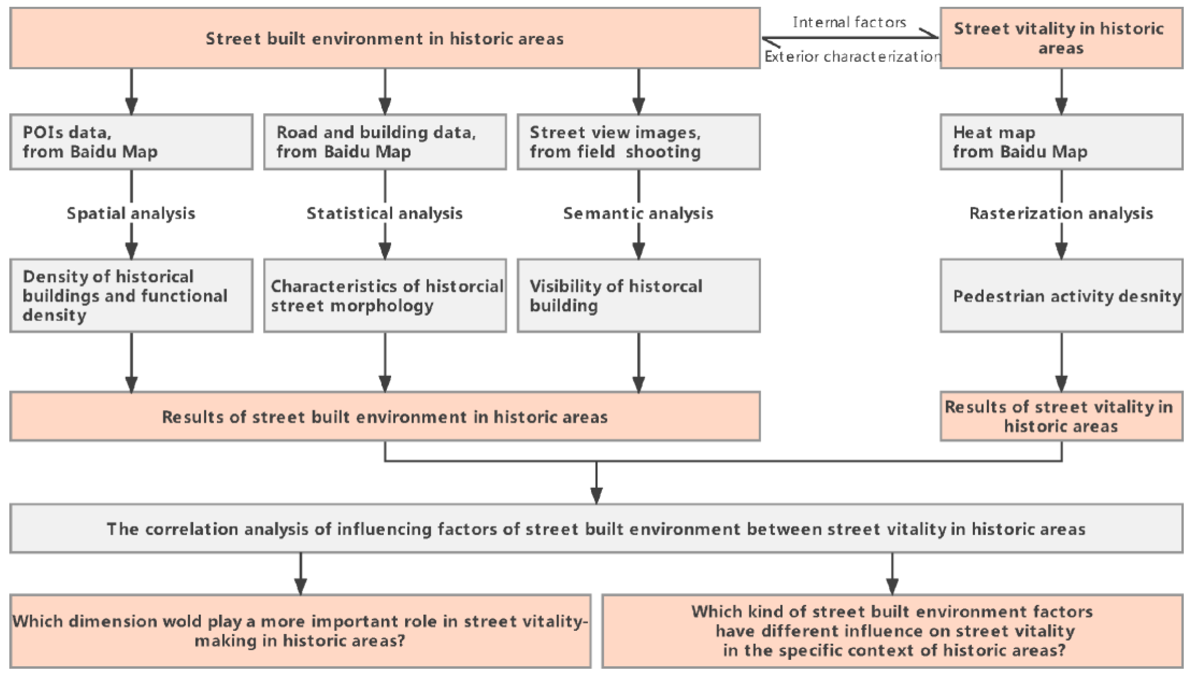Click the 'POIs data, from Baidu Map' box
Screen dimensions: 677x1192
tap(131, 142)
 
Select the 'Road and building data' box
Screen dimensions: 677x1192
tap(385, 142)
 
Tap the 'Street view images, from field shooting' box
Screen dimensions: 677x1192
tap(638, 142)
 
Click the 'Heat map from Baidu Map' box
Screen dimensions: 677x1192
tap(1061, 142)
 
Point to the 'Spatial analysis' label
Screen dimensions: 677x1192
tap(131, 213)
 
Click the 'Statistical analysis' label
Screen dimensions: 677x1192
tap(384, 213)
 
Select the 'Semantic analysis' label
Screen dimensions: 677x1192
tap(638, 213)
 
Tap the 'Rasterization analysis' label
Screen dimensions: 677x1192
tap(1061, 213)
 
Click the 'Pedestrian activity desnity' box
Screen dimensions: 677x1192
tap(1061, 296)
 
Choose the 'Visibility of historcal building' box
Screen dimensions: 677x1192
tap(638, 296)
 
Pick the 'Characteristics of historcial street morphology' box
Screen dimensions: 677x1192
tap(385, 296)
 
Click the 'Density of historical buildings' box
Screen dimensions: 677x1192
tap(131, 296)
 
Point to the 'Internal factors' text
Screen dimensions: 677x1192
tap(849, 22)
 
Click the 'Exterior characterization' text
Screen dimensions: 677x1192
tap(852, 57)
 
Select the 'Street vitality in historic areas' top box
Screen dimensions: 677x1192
tap(1061, 38)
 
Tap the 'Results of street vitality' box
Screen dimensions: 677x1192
tap(1061, 417)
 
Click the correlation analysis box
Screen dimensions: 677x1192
tap(596, 529)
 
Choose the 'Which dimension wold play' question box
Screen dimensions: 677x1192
tap(300, 631)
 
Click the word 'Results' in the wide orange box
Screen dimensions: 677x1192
tap(191, 417)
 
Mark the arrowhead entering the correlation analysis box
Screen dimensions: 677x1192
tap(596, 496)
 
